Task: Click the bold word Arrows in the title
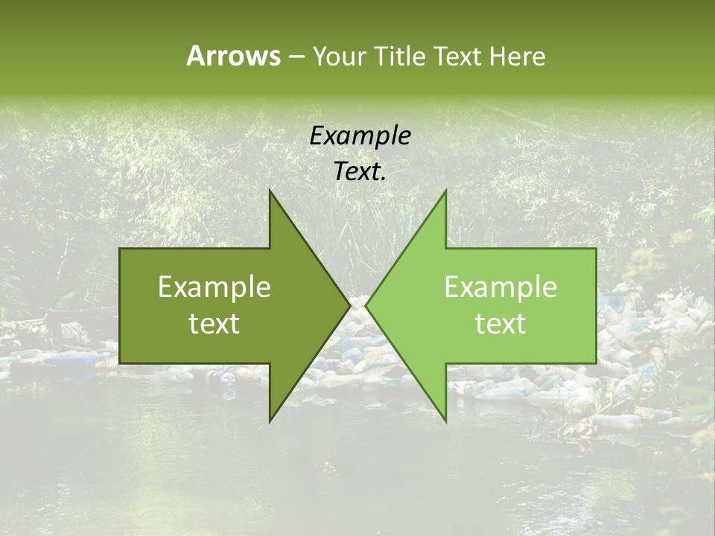point(232,56)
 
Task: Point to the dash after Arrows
point(296,57)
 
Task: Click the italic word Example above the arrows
point(360,136)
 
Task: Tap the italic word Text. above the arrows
point(360,172)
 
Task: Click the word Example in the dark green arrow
point(214,287)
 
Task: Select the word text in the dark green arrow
point(214,324)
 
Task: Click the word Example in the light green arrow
point(500,287)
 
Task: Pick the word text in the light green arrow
point(500,324)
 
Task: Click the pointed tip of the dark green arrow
point(347,305)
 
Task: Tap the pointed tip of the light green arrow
point(369,305)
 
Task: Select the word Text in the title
point(458,57)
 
